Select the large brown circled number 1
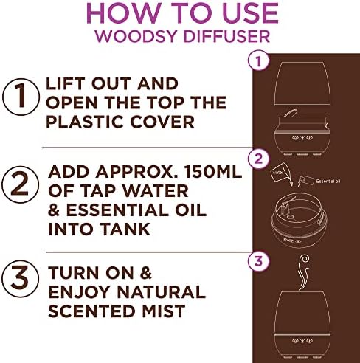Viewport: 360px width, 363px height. point(21,97)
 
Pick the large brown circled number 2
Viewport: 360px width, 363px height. point(20,184)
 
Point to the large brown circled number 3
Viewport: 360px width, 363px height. point(20,278)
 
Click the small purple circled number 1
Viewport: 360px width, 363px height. point(258,60)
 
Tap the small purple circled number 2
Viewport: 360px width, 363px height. point(258,159)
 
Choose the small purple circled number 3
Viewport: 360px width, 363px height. point(258,260)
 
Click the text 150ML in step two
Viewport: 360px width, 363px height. point(213,172)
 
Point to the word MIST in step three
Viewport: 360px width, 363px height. point(164,311)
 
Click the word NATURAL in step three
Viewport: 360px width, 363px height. point(161,292)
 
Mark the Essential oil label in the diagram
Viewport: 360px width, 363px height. point(328,181)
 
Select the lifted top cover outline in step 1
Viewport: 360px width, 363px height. point(302,84)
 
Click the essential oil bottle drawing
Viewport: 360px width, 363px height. point(305,181)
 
